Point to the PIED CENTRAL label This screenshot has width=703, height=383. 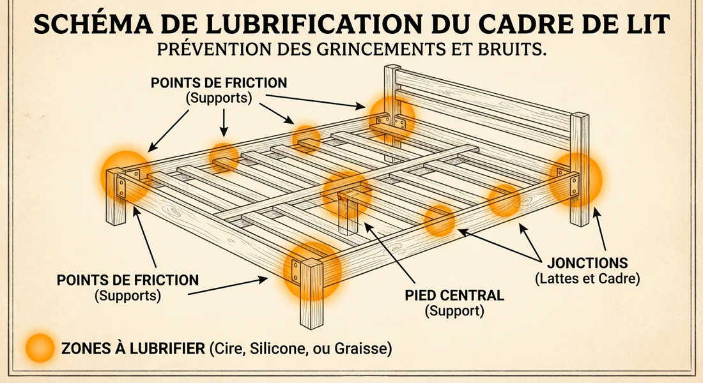[x=454, y=296]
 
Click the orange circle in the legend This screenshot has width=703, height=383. [x=40, y=349]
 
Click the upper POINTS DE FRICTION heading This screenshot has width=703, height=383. [x=219, y=84]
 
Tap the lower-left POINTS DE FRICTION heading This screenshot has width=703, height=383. [x=128, y=280]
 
